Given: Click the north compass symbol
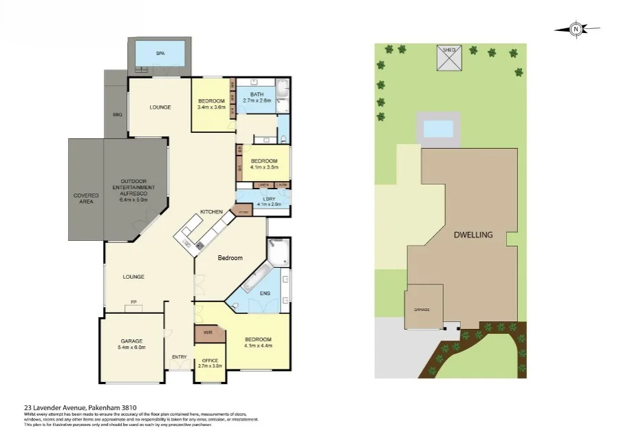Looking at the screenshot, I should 576,29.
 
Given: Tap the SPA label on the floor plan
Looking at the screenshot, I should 160,53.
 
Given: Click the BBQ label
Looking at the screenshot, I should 117,114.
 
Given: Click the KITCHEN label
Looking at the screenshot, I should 210,211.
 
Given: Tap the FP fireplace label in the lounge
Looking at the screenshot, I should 134,301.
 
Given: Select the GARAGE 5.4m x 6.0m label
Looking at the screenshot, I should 131,344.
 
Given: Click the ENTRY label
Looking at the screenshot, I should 179,356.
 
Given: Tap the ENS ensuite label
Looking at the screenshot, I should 265,294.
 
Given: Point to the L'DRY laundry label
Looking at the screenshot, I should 259,201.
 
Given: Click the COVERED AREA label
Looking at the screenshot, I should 86,198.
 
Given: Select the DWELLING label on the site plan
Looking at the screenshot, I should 473,235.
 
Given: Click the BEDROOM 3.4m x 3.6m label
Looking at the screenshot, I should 211,104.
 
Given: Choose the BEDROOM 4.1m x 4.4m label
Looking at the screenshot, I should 258,342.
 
